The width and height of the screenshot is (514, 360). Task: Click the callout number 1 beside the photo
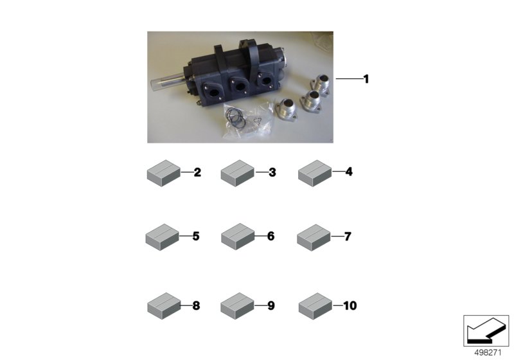coord(366,79)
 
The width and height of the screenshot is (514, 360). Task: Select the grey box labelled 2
coord(164,173)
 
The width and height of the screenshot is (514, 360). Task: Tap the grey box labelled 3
coord(238,173)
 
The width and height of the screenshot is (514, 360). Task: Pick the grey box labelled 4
coord(315,173)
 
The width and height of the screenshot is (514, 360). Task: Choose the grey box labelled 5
coord(163,237)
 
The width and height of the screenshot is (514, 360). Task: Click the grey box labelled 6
coord(238,237)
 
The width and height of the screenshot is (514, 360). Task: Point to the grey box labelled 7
coord(314,237)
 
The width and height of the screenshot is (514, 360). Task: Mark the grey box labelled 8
coord(164,305)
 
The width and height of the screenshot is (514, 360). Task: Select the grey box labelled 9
coord(238,305)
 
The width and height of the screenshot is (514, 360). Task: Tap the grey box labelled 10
coord(315,306)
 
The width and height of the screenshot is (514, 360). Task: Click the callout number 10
coord(350,305)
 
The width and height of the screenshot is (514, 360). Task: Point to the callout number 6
coord(270,236)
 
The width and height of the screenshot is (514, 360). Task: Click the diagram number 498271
coord(488,353)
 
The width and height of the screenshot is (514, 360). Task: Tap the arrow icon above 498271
coord(486,330)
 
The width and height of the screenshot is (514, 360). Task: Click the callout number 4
coord(349,172)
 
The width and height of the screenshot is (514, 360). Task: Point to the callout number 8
coord(196,305)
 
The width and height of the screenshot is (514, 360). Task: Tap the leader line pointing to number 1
coord(349,78)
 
